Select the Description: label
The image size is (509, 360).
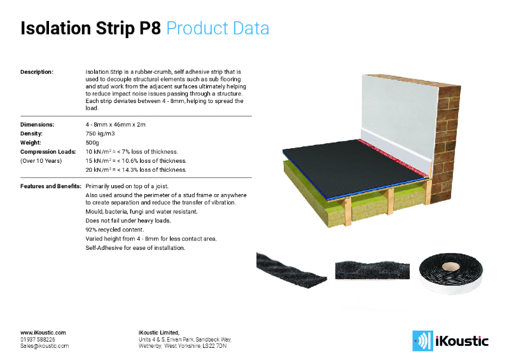click(37, 73)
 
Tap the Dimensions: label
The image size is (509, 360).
click(37, 125)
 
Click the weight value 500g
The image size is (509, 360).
click(93, 142)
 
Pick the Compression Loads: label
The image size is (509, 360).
click(48, 151)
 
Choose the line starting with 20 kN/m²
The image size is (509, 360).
click(136, 170)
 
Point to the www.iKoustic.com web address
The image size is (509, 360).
click(43, 332)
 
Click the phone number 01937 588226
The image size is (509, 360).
click(38, 339)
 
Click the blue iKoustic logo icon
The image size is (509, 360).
click(421, 340)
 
